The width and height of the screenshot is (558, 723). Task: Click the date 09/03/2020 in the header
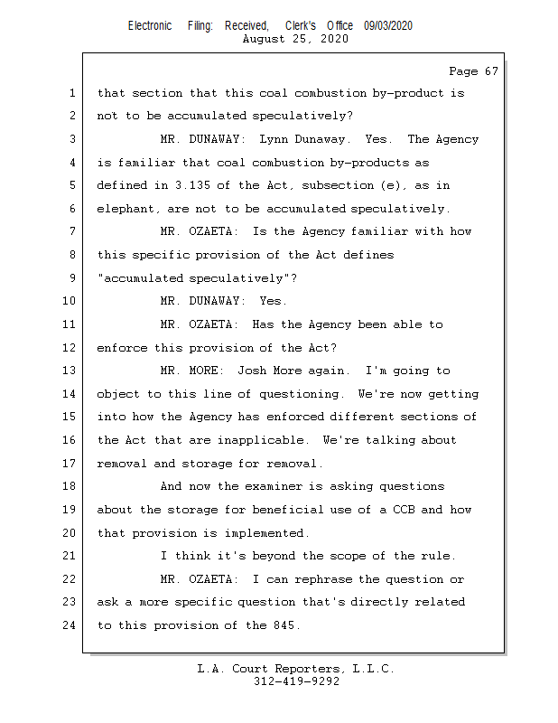pos(388,26)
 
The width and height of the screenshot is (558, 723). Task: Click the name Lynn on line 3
pos(274,139)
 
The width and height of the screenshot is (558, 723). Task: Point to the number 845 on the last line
pos(281,625)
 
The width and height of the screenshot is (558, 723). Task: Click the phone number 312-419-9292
pos(296,681)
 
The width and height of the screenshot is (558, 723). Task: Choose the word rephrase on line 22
pos(320,579)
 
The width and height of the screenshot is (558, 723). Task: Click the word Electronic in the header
pos(150,26)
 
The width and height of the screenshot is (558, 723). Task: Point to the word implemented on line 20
pos(266,533)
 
